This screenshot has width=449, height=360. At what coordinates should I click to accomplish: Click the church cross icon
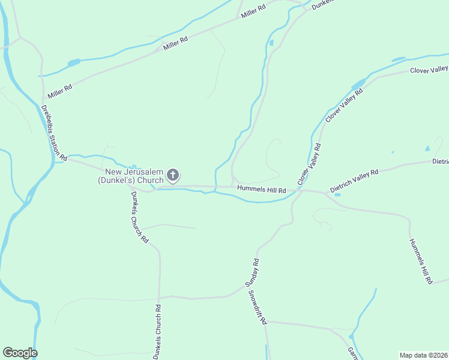172,175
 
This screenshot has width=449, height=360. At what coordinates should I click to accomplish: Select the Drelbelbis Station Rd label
54,133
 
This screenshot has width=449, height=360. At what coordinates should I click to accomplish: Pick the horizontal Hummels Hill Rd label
261,190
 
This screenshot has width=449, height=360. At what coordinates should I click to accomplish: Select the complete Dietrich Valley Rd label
354,182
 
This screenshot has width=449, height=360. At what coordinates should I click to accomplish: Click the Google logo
20,353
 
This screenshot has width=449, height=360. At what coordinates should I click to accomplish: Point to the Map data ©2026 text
423,355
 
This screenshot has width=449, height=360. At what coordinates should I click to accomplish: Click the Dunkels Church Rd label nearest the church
139,217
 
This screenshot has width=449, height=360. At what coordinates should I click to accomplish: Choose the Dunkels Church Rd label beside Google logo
157,332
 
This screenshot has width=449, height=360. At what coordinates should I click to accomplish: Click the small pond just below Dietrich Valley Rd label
337,194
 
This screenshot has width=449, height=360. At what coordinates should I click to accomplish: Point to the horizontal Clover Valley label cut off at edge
429,70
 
